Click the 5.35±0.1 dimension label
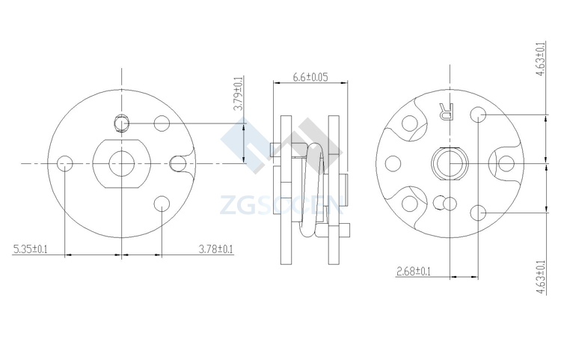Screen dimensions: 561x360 (30, 248)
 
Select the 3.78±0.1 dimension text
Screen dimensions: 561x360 (215, 248)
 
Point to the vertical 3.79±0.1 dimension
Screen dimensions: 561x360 (239, 94)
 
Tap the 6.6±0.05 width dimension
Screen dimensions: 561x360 (310, 77)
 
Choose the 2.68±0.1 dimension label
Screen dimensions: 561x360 (413, 271)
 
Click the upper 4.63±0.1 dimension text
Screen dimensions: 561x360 (540, 59)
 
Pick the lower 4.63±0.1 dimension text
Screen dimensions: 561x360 (540, 278)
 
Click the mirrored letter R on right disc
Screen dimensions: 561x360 (447, 112)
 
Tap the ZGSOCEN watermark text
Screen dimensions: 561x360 (281, 205)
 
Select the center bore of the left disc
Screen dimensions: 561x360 (122, 164)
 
